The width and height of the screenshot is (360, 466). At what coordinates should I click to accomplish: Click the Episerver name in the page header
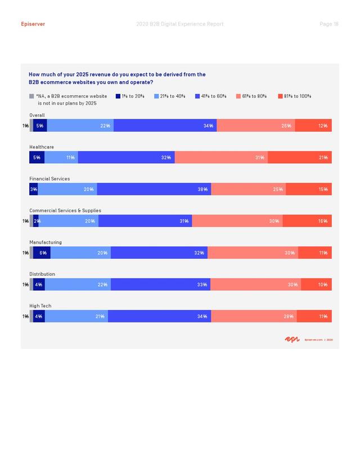point(33,24)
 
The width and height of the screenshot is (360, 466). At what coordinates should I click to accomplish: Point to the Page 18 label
point(328,24)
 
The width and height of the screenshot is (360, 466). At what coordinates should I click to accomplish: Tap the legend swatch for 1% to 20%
point(118,96)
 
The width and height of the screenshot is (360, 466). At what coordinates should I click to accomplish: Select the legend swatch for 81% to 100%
point(280,96)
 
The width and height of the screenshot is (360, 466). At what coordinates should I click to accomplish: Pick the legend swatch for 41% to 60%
point(197,96)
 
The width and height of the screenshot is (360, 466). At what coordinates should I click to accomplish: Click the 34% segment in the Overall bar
point(165,126)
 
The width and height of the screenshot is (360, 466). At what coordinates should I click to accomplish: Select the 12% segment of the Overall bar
point(313,126)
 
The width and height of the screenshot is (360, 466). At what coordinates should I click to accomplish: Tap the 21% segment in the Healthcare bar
point(299,158)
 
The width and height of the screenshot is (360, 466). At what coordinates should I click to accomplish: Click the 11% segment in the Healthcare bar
point(61,158)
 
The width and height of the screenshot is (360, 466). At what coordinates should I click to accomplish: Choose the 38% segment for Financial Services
point(154,189)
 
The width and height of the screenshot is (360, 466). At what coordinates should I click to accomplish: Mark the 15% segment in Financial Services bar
point(308,189)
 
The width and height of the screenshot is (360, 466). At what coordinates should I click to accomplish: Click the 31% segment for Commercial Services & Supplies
point(145,221)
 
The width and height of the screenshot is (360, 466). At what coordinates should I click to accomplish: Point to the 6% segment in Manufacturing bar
point(42,253)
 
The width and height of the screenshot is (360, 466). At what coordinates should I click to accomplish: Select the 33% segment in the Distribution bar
point(160,285)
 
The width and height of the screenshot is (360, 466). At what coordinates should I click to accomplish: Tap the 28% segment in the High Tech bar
point(254,316)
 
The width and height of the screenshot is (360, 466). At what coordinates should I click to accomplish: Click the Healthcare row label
point(42,147)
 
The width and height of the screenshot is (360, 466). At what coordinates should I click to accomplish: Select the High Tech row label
point(40,306)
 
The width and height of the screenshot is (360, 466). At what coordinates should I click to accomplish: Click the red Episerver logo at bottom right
point(292,339)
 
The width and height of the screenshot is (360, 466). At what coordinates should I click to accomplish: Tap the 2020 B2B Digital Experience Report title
point(180,24)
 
